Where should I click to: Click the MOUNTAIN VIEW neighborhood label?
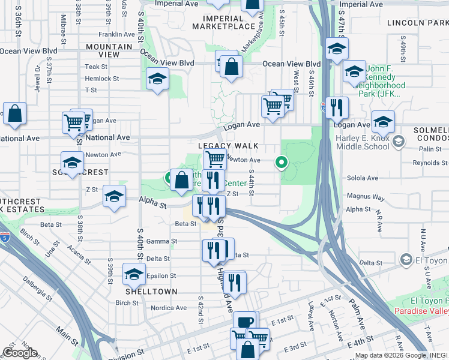[x=109, y=50]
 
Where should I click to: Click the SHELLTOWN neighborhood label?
[x=151, y=291]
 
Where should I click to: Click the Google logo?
[x=20, y=353]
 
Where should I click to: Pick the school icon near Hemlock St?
[x=157, y=80]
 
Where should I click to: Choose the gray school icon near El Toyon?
[x=406, y=260]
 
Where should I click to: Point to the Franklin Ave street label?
[x=118, y=35]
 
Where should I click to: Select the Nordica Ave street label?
[x=169, y=308]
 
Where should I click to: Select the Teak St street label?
[x=96, y=67]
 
